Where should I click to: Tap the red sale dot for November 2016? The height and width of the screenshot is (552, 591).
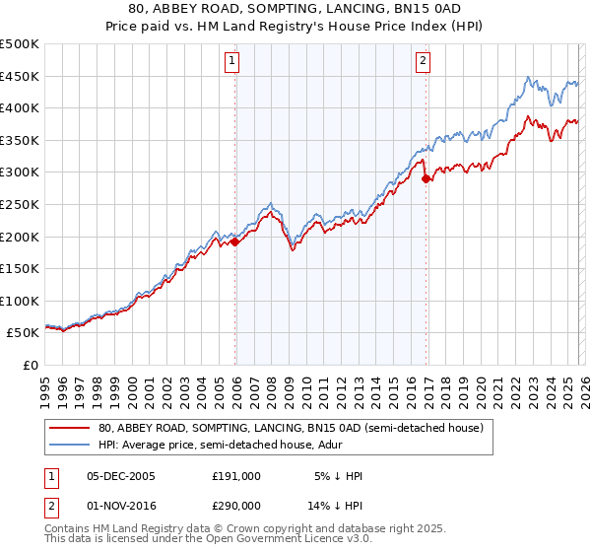[426, 178]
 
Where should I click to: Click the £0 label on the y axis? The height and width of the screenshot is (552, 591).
[30, 365]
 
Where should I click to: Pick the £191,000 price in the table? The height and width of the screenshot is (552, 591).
[236, 476]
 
